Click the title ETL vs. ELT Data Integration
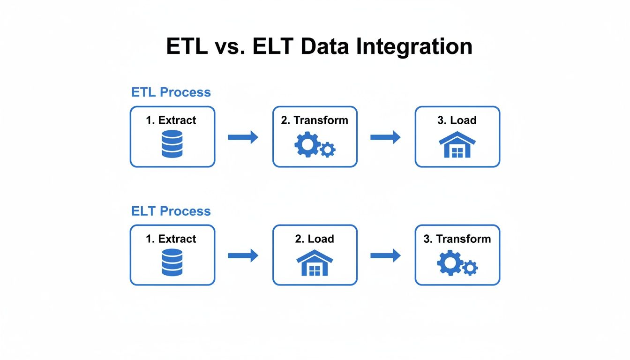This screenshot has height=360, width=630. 319,46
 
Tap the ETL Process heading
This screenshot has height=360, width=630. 171,92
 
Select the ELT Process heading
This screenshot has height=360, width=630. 171,211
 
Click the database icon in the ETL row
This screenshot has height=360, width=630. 172,144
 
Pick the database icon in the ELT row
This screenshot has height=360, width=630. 172,262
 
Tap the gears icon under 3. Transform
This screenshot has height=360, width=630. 457,264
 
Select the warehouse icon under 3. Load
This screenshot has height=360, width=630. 457,145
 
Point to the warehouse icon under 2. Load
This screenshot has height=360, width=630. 315,263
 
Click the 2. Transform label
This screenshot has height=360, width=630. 315,120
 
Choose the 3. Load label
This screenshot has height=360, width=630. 457,120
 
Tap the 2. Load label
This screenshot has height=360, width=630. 315,239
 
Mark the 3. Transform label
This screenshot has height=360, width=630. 457,239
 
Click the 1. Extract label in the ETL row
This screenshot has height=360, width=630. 171,120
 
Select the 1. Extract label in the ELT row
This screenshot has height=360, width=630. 171,239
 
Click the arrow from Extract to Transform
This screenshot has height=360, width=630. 243,137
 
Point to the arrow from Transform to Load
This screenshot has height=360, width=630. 385,137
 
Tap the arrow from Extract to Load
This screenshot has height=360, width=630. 243,255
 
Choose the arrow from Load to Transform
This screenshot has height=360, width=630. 385,255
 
